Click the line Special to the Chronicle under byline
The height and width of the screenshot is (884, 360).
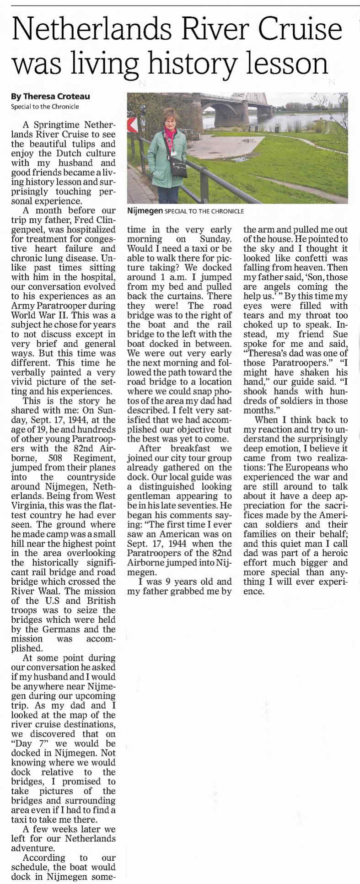pyautogui.click(x=45, y=107)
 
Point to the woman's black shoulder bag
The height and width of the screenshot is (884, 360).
pyautogui.click(x=179, y=167)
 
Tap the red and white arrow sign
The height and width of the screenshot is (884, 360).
pyautogui.click(x=132, y=125)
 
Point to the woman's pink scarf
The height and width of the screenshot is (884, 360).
pyautogui.click(x=170, y=135)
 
